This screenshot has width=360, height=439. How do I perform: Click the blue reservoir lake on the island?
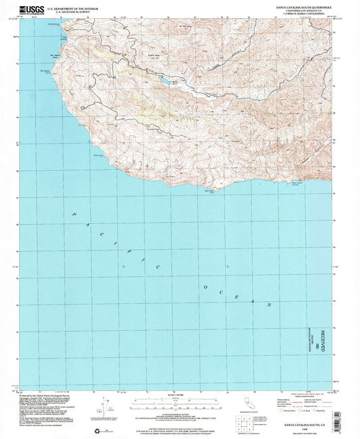click(x=166, y=82)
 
